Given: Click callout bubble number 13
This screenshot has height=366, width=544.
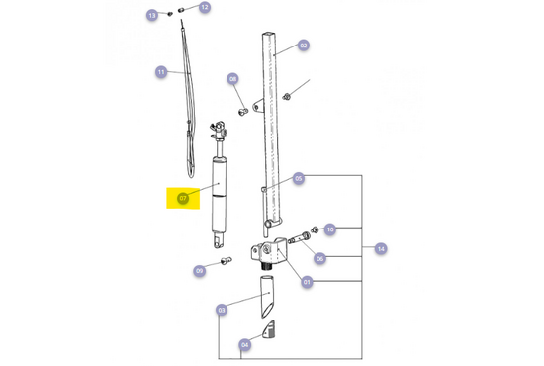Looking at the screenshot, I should click(x=152, y=16).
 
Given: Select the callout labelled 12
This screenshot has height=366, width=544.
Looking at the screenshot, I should click(x=205, y=8).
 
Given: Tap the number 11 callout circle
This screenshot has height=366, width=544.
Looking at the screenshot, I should click(x=161, y=71).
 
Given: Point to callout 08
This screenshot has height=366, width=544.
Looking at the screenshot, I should click(x=233, y=79).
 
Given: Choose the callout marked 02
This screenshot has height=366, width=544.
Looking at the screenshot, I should click(x=304, y=45).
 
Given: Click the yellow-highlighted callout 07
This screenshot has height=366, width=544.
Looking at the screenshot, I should click(x=183, y=198).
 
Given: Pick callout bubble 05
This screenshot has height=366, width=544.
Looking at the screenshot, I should click(x=298, y=179).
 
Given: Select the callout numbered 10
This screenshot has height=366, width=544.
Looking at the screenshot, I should click(x=330, y=229).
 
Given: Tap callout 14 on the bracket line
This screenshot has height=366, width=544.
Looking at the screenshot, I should click(x=381, y=249).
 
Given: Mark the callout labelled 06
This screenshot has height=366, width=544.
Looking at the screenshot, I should click(x=319, y=258).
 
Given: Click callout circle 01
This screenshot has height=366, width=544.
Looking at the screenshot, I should click(x=307, y=282).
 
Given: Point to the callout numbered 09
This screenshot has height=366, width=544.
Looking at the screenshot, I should click(x=199, y=270).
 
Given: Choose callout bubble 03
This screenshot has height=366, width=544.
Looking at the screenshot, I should click(x=221, y=310).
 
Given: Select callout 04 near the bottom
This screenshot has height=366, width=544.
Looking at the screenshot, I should click(x=244, y=344).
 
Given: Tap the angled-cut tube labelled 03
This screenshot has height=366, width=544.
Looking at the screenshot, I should click(x=267, y=294).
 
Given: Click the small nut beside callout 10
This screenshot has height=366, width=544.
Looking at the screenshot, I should click(x=314, y=232).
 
